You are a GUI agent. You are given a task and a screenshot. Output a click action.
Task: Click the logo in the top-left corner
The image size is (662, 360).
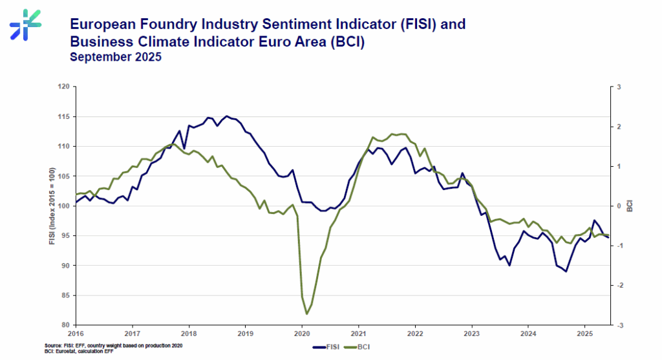(x=25, y=25)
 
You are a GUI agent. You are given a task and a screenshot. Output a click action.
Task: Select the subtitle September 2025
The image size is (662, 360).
(x=116, y=57)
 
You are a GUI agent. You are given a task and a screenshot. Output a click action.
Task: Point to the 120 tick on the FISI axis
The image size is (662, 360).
(x=63, y=87)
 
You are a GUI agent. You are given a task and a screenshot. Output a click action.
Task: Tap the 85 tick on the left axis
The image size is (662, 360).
(x=65, y=295)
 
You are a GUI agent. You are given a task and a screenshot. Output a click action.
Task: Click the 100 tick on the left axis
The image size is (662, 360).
(x=63, y=206)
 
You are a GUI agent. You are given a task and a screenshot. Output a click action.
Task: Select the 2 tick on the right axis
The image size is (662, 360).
(x=617, y=127)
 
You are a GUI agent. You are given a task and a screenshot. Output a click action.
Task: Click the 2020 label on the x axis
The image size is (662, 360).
(x=302, y=334)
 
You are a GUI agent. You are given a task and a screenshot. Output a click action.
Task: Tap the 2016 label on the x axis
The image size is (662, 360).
(x=76, y=334)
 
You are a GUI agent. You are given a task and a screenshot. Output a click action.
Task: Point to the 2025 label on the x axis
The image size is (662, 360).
(x=584, y=334)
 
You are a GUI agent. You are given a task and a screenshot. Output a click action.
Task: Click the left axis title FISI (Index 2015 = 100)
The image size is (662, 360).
(x=52, y=206)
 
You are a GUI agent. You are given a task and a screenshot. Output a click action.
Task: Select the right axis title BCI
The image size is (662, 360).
(x=629, y=206)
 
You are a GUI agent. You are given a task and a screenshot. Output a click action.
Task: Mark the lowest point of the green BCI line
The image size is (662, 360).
(x=306, y=313)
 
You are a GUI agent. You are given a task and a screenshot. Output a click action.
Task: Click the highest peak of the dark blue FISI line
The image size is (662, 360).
(x=226, y=116)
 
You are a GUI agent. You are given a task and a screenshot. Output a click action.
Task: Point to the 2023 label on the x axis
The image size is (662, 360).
(x=472, y=334)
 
